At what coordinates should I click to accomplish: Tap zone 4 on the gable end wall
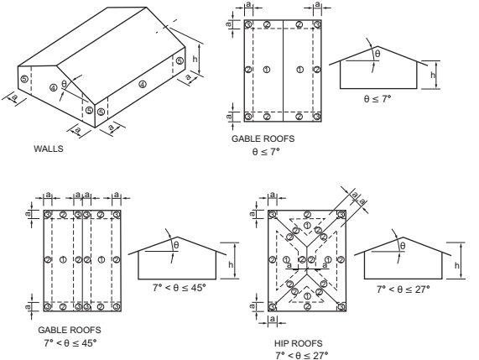pyautogui.click(x=52, y=86)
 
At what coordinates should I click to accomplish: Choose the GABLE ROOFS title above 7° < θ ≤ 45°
pyautogui.click(x=69, y=331)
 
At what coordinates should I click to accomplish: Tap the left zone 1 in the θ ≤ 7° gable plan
pyautogui.click(x=265, y=69)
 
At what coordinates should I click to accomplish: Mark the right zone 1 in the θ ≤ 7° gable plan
pyautogui.click(x=299, y=69)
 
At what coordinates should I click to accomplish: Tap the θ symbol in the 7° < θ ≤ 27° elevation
pyautogui.click(x=403, y=245)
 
